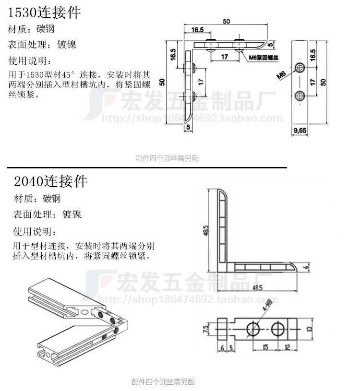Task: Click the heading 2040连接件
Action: point(50,181)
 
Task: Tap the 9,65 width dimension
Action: point(300,130)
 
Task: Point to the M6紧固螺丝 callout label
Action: point(264,58)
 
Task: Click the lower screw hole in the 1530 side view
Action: point(300,96)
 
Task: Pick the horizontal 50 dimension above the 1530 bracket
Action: point(226,21)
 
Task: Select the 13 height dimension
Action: point(311,329)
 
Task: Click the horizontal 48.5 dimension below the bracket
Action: point(257,288)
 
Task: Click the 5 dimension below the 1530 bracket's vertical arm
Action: point(188,127)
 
